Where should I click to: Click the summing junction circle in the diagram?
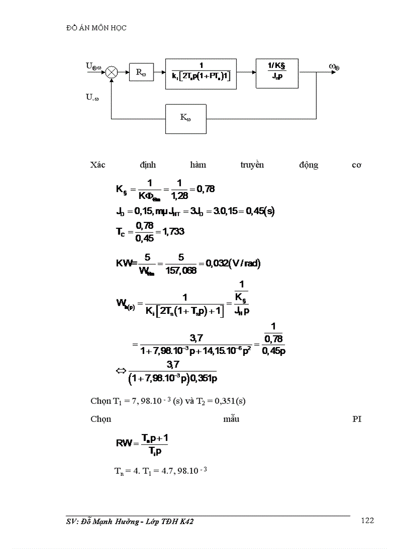112,72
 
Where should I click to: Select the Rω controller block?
141,73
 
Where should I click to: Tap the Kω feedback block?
186,118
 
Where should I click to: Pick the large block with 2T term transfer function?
201,74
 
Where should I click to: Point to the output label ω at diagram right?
334,66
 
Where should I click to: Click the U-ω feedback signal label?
92,97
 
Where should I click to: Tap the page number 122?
367,521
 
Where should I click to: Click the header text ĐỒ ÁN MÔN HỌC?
96,28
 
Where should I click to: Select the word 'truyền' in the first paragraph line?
252,165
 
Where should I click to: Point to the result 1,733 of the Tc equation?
174,232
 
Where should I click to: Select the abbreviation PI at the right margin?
356,419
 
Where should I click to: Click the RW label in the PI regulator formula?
124,443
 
